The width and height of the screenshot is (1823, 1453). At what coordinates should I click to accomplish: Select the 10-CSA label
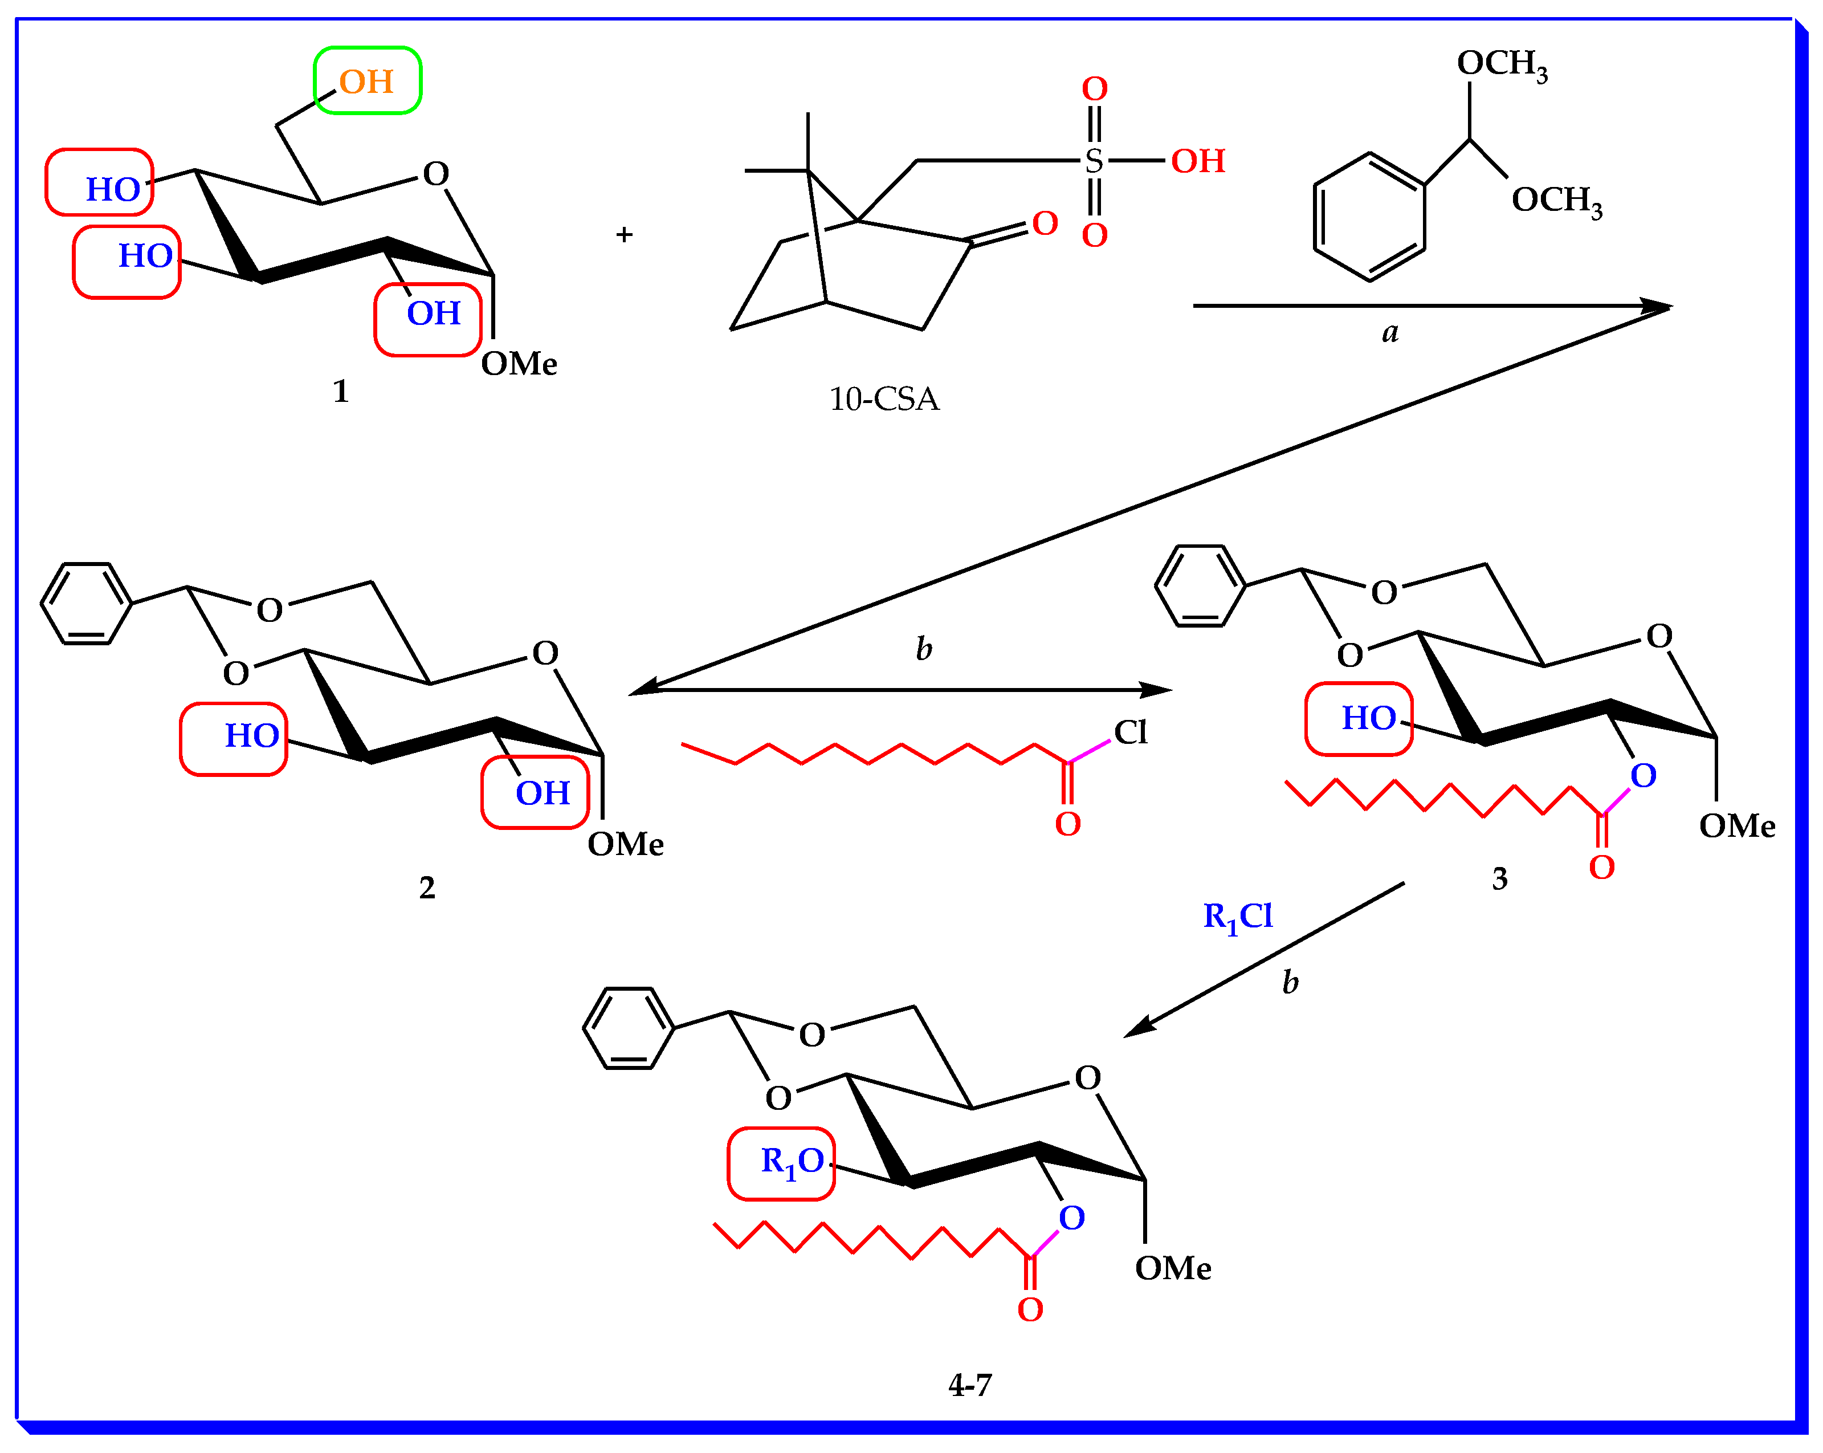point(884,399)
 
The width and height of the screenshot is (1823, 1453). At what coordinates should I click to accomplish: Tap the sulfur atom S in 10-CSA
point(1094,161)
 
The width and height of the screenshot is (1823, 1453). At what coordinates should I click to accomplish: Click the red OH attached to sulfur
point(1197,161)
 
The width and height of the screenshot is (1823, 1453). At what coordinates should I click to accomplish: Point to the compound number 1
point(341,390)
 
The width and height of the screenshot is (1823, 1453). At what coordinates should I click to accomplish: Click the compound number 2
point(427,887)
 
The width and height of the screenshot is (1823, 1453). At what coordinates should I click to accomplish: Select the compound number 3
point(1499,879)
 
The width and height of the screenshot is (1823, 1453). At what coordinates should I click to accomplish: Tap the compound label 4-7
point(970,1385)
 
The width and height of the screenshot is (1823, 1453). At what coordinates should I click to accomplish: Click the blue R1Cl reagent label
point(1237,916)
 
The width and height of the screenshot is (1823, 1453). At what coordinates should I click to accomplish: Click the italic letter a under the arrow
point(1390,332)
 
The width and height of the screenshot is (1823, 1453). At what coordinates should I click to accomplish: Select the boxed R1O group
point(782,1163)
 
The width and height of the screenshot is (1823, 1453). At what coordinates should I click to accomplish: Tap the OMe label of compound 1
point(519,364)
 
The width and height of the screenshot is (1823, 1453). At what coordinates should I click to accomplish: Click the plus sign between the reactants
point(624,234)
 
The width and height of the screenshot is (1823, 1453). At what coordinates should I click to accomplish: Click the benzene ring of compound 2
point(86,604)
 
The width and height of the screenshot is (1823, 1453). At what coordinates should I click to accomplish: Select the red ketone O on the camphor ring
point(1045,223)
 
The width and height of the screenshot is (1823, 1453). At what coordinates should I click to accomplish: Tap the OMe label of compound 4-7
point(1173,1268)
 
